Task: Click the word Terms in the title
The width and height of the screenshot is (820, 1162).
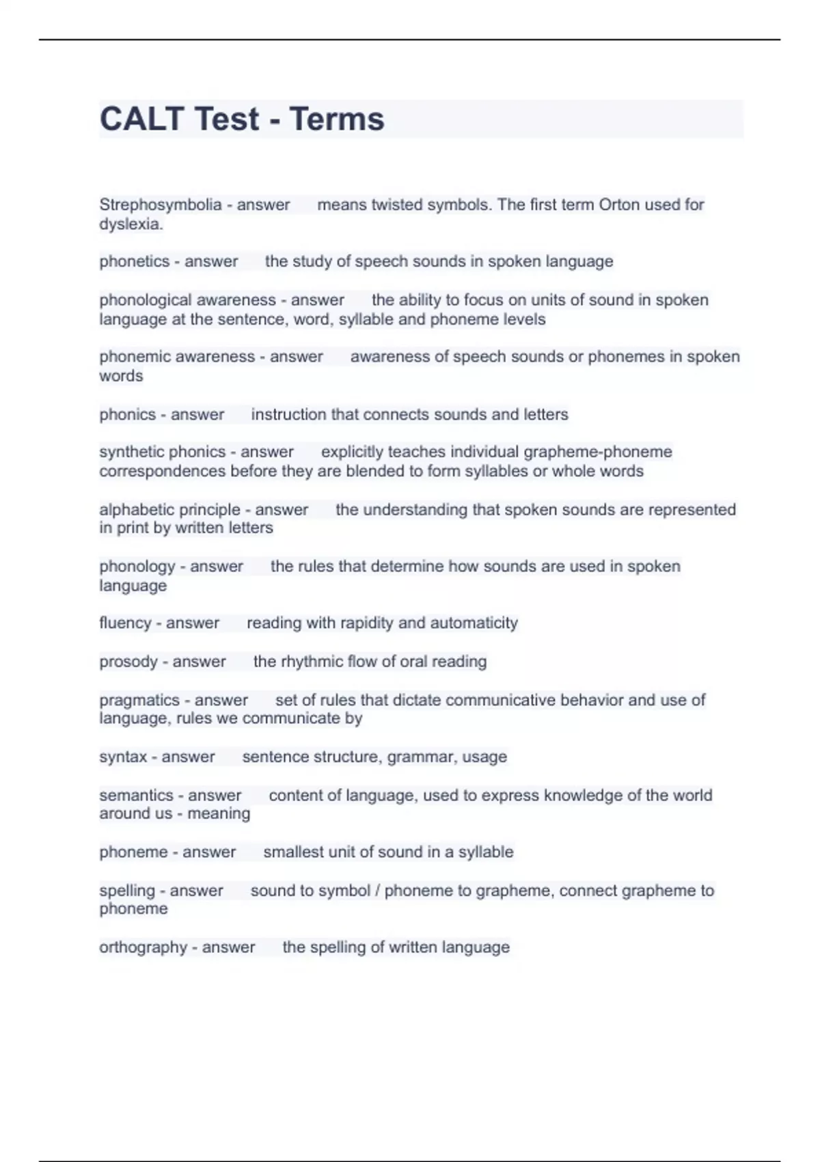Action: pos(337,119)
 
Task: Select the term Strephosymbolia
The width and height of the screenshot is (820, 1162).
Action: pos(160,205)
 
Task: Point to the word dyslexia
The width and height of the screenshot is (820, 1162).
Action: pos(131,224)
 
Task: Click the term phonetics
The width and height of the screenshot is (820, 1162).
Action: pos(134,262)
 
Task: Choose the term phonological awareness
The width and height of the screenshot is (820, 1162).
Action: pos(187,300)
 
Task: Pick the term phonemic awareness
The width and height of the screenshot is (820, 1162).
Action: pos(176,357)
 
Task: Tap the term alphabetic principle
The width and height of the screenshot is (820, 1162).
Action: pos(169,510)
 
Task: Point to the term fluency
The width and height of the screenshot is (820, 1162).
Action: pos(125,623)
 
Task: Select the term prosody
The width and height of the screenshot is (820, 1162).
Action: pos(128,662)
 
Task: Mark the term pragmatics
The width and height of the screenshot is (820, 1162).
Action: pos(139,701)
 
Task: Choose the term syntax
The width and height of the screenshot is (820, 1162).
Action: pos(123,757)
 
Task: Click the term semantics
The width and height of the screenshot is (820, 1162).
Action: pos(136,796)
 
